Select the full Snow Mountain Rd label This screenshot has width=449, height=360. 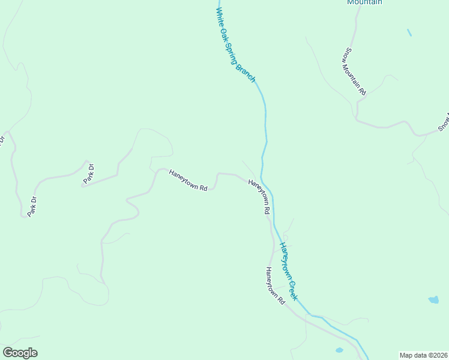[355, 71]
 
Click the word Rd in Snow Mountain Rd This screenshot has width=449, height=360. [362, 91]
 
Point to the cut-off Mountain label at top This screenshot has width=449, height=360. [364, 2]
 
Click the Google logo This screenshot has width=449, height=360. [20, 353]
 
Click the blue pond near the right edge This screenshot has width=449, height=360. [433, 299]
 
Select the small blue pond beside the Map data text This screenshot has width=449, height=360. [339, 350]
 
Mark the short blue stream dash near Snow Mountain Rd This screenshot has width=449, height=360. [409, 32]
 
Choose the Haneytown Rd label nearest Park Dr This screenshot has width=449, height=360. [188, 179]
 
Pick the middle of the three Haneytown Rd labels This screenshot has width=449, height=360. [259, 197]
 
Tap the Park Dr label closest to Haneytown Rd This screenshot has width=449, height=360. [89, 173]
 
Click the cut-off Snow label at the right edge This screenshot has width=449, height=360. [444, 122]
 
